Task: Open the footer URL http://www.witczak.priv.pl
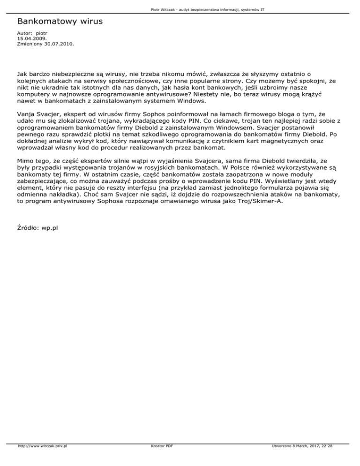(x=42, y=459)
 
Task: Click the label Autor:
(x=24, y=34)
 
